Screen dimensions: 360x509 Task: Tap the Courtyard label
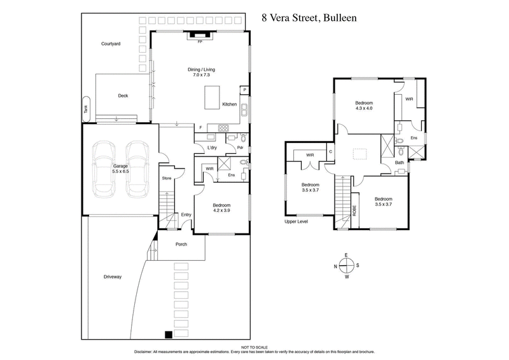pos(111,45)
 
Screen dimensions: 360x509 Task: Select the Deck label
pos(123,96)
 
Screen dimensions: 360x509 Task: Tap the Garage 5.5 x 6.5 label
pos(121,169)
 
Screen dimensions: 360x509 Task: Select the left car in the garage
pos(104,169)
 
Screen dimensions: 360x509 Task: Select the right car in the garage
pos(137,169)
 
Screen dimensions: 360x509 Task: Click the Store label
pos(167,178)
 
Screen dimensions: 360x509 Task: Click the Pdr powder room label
pos(241,148)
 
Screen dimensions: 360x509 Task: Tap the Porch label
pos(181,244)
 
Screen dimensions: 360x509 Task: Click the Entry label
pos(186,215)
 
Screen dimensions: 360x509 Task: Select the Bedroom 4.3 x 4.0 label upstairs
pos(364,106)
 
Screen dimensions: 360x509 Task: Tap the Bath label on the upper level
pos(399,163)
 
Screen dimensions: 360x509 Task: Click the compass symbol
pos(347,266)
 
